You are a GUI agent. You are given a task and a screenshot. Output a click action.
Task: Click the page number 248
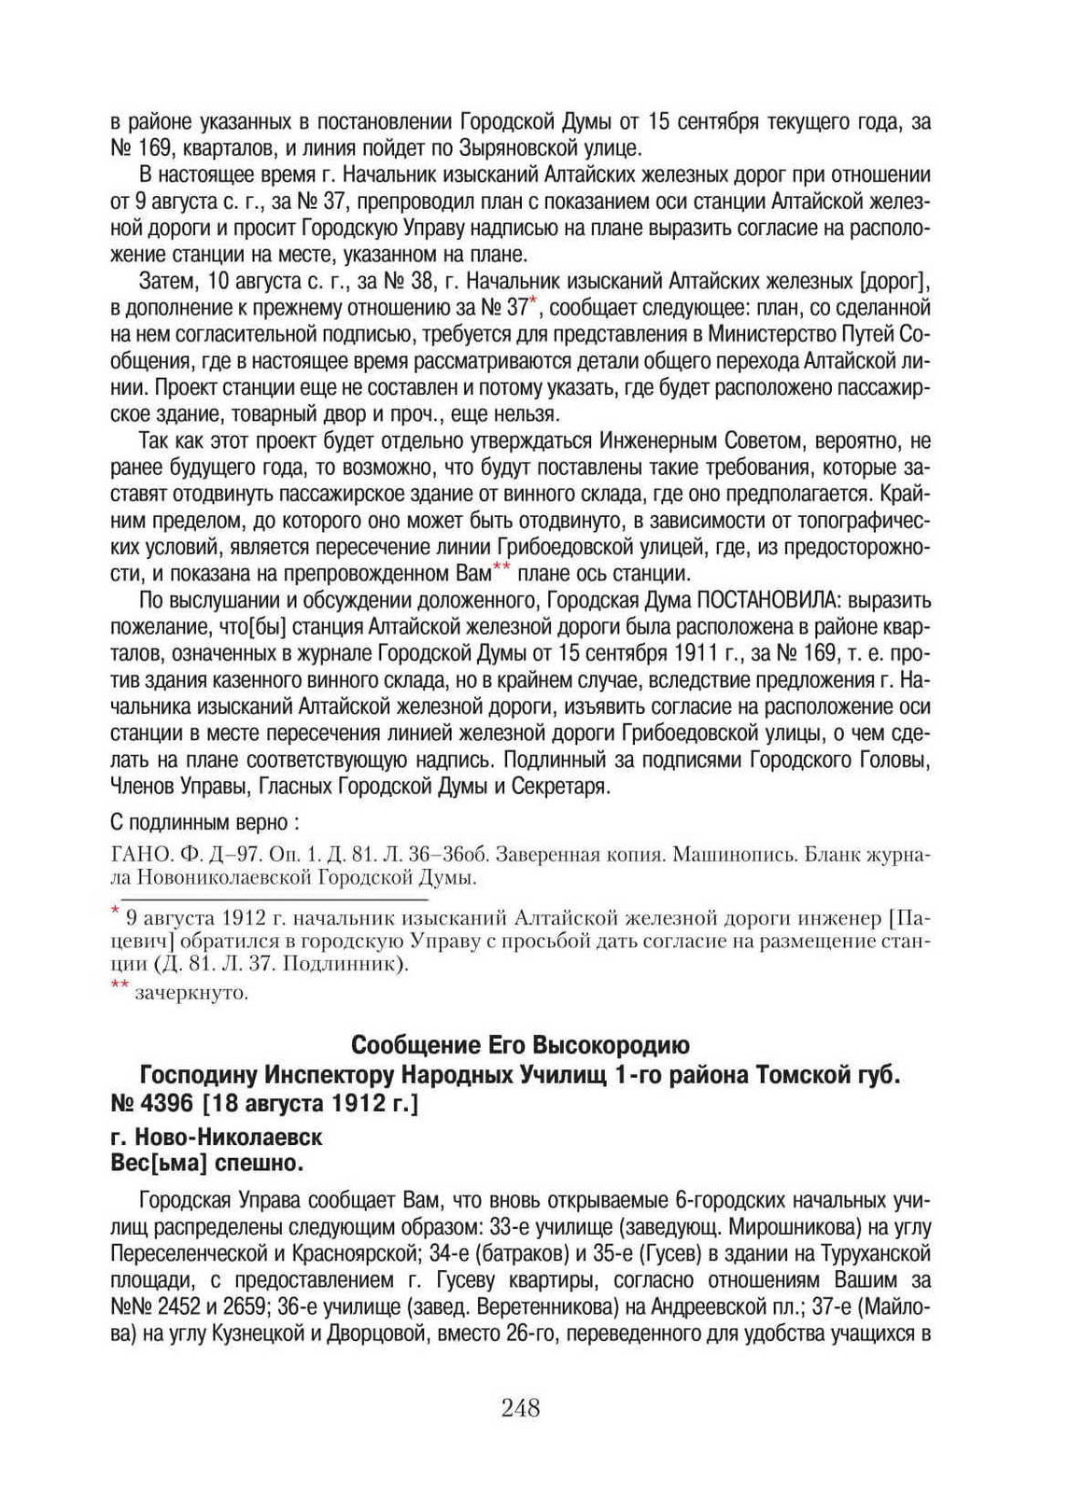point(520,1407)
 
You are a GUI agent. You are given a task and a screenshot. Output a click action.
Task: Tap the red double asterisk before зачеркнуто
point(120,987)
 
